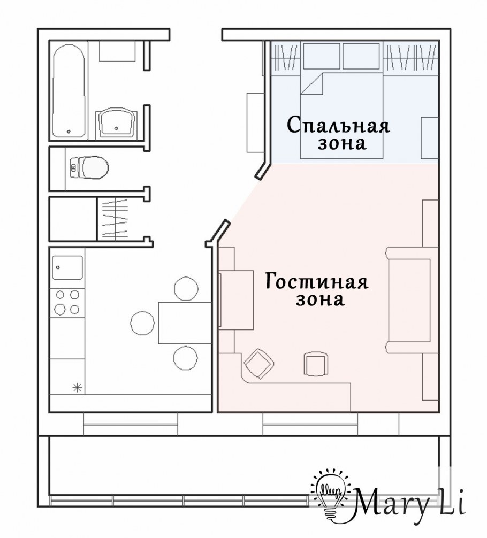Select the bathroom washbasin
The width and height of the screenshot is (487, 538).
tap(116, 122)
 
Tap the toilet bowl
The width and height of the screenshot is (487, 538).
tap(89, 167)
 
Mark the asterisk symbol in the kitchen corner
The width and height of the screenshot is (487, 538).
tap(77, 388)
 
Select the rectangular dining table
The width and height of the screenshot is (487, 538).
tap(184, 322)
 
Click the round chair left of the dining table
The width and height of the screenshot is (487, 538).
tap(143, 322)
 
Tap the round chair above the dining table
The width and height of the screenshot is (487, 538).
tap(186, 288)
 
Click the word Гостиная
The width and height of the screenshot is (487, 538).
tap(317, 281)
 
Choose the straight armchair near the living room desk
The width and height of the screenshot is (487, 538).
tap(315, 365)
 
